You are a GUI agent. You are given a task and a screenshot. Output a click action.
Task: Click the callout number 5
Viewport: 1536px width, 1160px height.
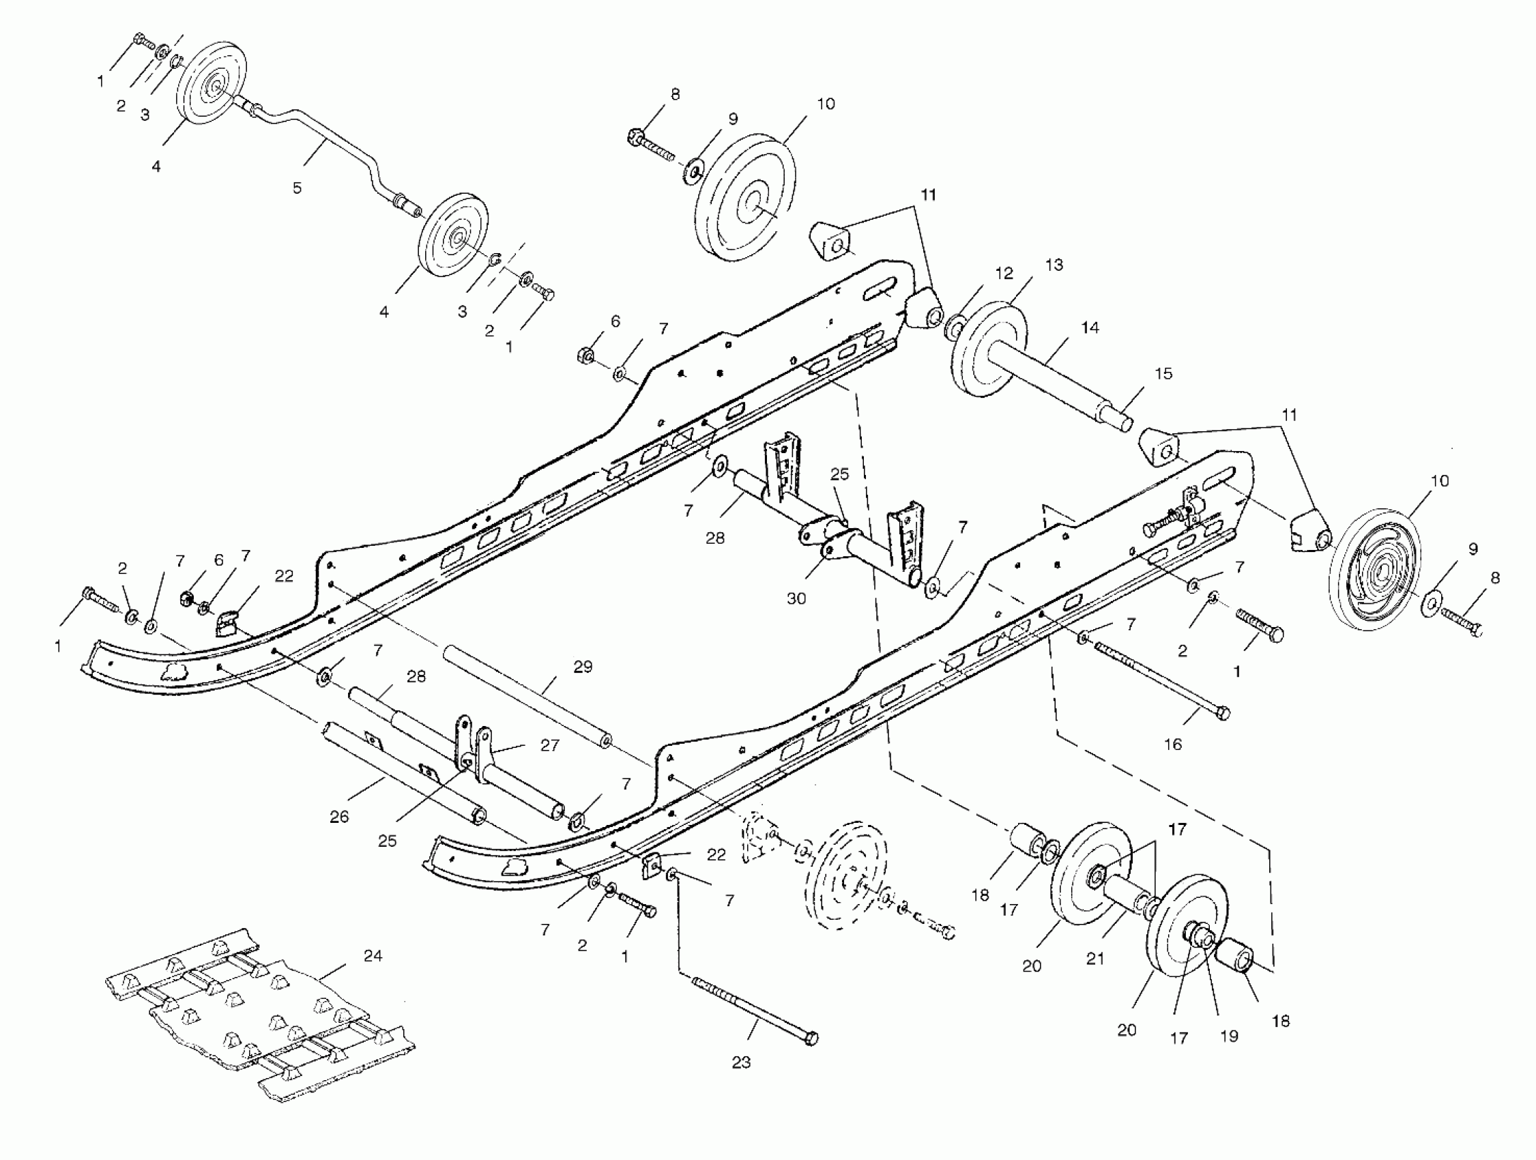(298, 188)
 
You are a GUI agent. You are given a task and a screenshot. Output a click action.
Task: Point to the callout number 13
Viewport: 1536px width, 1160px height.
(1054, 265)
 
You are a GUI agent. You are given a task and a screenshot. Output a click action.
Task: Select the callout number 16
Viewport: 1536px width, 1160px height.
(1172, 745)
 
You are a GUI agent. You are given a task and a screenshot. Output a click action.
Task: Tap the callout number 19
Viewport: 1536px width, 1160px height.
(1229, 1036)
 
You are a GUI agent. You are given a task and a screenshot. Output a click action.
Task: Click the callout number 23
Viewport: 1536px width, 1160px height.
(741, 1062)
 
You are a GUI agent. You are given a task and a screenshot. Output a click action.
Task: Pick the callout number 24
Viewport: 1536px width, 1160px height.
(373, 956)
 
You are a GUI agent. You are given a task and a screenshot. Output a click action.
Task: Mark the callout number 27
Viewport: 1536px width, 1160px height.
(549, 745)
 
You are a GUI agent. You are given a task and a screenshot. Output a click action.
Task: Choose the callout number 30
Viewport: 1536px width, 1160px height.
(796, 598)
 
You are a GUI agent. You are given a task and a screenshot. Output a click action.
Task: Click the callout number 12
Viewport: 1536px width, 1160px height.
(1004, 274)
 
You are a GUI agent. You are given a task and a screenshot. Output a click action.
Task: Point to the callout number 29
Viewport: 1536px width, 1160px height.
(583, 667)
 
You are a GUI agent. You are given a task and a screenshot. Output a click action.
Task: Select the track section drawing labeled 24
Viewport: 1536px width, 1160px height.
(257, 1013)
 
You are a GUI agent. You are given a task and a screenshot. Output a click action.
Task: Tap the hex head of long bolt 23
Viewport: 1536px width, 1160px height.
(810, 1039)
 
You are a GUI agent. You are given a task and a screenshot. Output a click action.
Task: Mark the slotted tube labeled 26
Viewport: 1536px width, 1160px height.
(403, 770)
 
